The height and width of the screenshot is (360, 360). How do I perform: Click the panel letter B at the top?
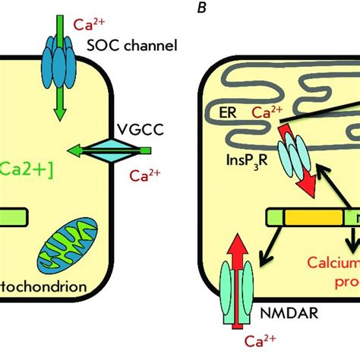[x=178, y=10]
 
